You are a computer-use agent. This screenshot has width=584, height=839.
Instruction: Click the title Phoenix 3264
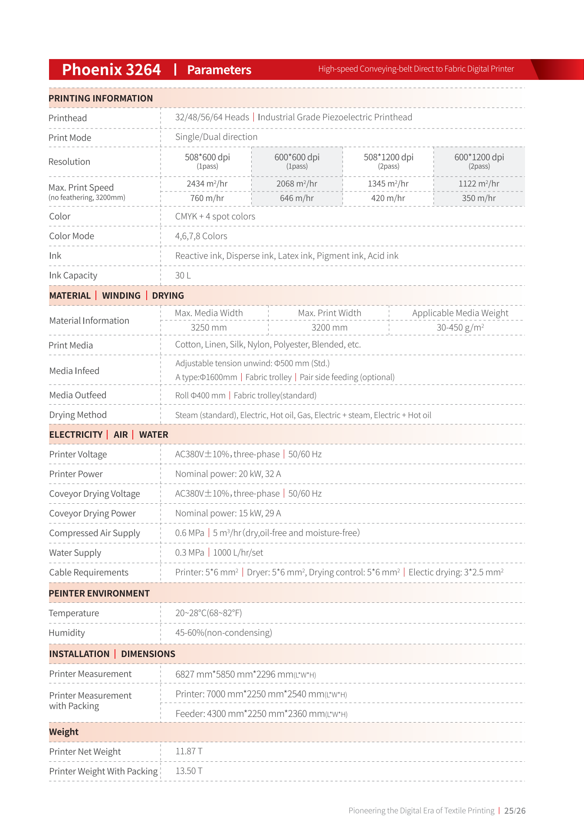111,69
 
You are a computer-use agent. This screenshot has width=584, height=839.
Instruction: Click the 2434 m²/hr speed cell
207,184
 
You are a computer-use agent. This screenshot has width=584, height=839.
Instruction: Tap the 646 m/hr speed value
297,198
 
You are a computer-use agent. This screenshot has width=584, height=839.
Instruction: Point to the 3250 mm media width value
209,328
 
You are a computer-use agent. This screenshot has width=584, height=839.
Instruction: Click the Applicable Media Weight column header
460,313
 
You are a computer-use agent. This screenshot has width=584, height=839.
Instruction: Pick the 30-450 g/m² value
460,328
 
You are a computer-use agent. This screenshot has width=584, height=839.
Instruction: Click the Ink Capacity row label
73,276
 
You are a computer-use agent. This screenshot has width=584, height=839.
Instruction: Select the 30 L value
183,276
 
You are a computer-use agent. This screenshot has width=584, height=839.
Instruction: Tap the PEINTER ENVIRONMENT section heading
99,594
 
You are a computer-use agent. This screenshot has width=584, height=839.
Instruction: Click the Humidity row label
67,633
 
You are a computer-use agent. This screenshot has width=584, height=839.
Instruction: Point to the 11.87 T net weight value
189,751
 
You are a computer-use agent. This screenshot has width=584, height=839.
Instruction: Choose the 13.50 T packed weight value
189,771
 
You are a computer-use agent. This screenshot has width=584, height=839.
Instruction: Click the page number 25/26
515,811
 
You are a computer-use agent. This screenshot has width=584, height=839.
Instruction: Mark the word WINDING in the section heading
121,296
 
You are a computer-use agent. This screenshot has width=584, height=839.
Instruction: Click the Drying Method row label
78,415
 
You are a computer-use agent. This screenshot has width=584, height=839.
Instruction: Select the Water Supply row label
75,553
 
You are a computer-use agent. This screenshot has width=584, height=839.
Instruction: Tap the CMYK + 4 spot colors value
215,217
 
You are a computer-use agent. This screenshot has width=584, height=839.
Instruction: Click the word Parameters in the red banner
219,70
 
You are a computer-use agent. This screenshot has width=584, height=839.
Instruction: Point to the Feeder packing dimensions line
261,714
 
